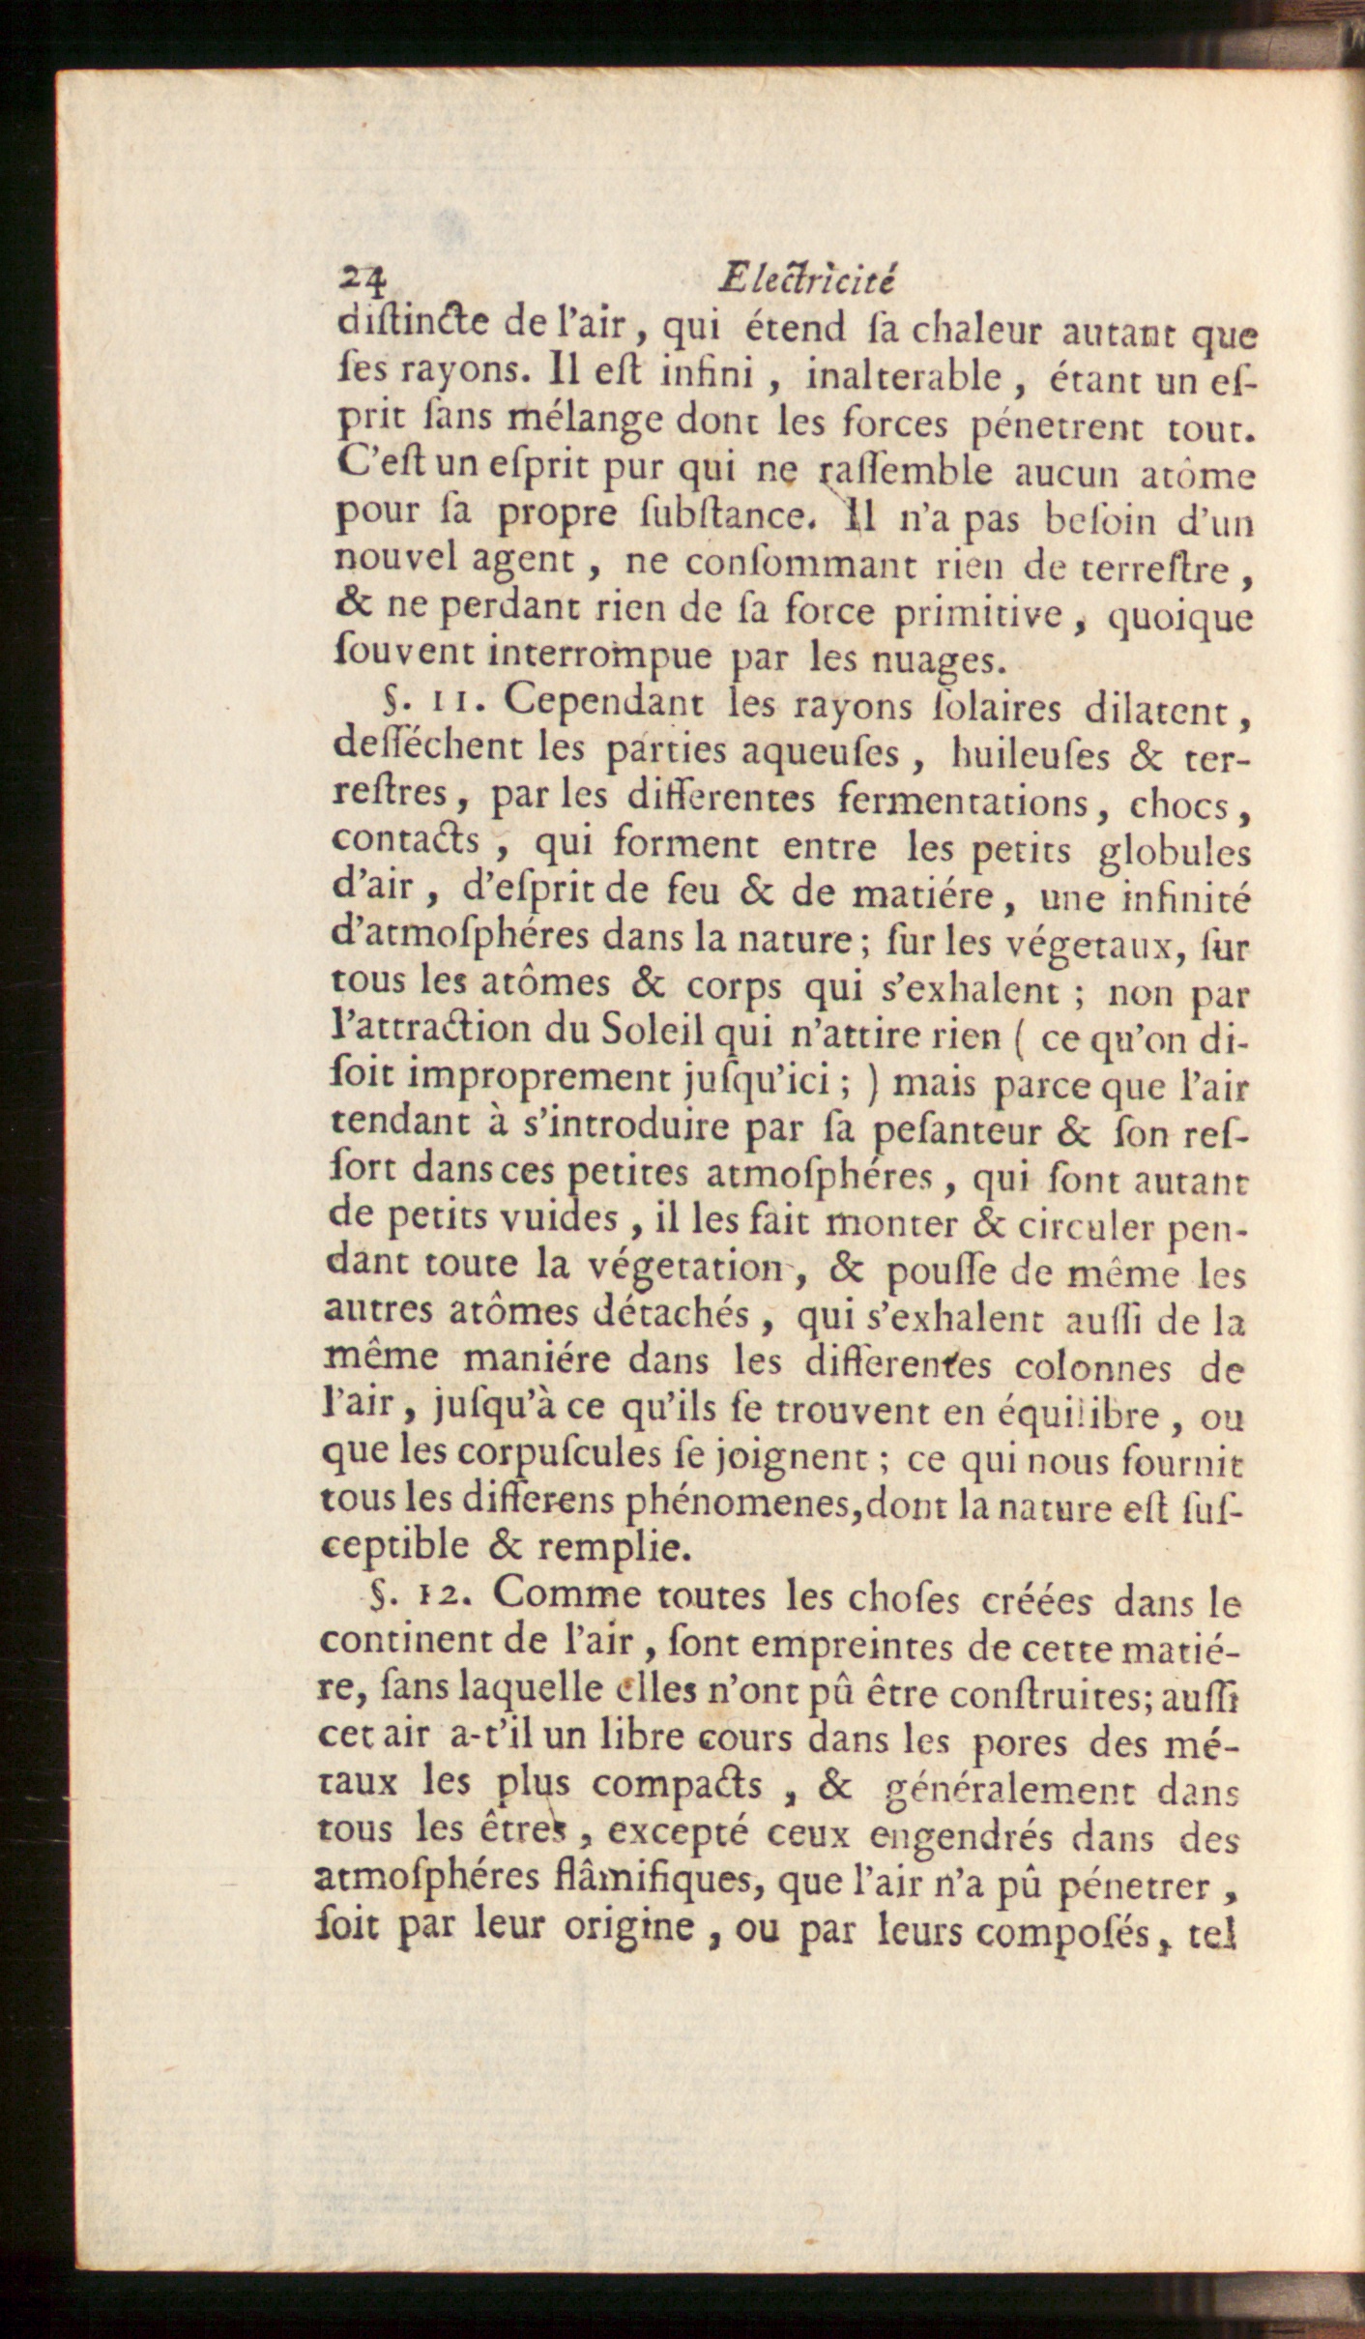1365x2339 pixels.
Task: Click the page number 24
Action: tap(363, 281)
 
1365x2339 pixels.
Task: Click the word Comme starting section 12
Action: tap(566, 1593)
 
